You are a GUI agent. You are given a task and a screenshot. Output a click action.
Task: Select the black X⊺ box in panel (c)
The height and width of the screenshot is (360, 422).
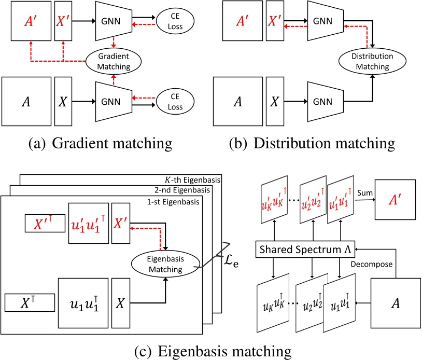point(30,303)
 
